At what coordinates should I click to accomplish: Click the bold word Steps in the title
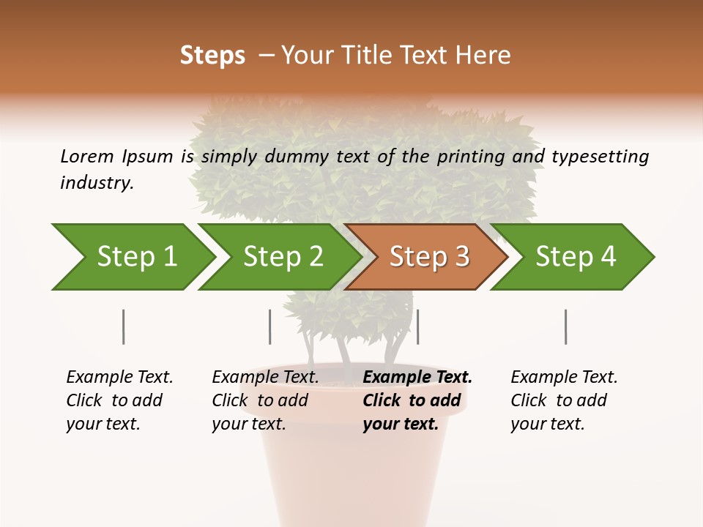(x=212, y=56)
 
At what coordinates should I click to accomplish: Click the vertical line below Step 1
(x=124, y=326)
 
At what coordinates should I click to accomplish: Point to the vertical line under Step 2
(x=270, y=326)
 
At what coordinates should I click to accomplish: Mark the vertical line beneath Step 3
(x=417, y=326)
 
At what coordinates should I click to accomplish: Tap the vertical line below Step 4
(x=565, y=326)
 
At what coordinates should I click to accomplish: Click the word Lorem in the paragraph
(x=87, y=156)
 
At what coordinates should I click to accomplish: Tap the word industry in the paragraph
(x=97, y=183)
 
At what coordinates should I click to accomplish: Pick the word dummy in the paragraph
(x=297, y=156)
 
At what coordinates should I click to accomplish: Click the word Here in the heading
(x=485, y=56)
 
